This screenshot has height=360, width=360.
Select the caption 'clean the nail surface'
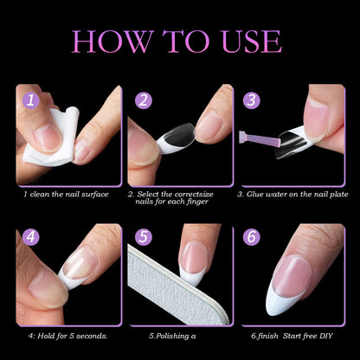pyautogui.click(x=69, y=194)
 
